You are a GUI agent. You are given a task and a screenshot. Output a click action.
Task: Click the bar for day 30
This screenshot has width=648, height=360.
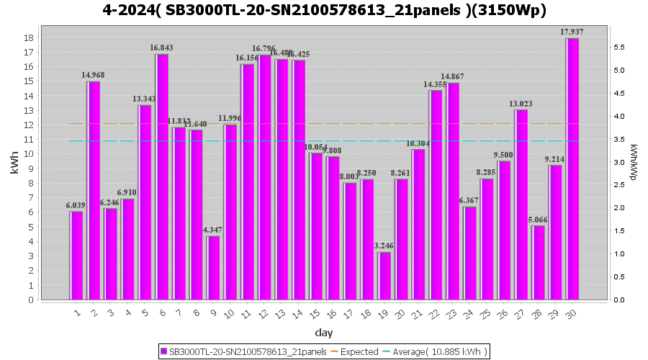[572, 169]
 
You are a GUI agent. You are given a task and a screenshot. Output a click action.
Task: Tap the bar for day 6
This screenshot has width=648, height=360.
[162, 177]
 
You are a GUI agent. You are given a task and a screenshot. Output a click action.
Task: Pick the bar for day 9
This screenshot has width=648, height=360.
[213, 268]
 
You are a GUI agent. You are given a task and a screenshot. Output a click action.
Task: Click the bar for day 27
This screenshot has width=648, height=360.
[521, 204]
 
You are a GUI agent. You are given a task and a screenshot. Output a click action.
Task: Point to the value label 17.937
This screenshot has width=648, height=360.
[572, 32]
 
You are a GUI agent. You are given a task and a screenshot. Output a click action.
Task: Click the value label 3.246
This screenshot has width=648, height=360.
[384, 246]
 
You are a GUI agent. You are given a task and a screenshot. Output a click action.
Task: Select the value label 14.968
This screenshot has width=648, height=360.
[94, 75]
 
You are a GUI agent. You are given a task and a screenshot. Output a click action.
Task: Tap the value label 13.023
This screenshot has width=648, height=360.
[521, 103]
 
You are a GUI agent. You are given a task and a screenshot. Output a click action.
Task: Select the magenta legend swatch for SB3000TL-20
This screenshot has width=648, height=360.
[164, 351]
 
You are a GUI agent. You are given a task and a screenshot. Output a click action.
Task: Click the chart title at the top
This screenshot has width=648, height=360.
[324, 10]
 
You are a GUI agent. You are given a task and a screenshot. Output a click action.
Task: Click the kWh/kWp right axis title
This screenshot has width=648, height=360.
[633, 162]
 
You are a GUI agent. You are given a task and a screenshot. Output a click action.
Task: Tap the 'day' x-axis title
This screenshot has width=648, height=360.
[324, 333]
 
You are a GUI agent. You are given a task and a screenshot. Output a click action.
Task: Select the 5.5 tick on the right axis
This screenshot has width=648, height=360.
[618, 48]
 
